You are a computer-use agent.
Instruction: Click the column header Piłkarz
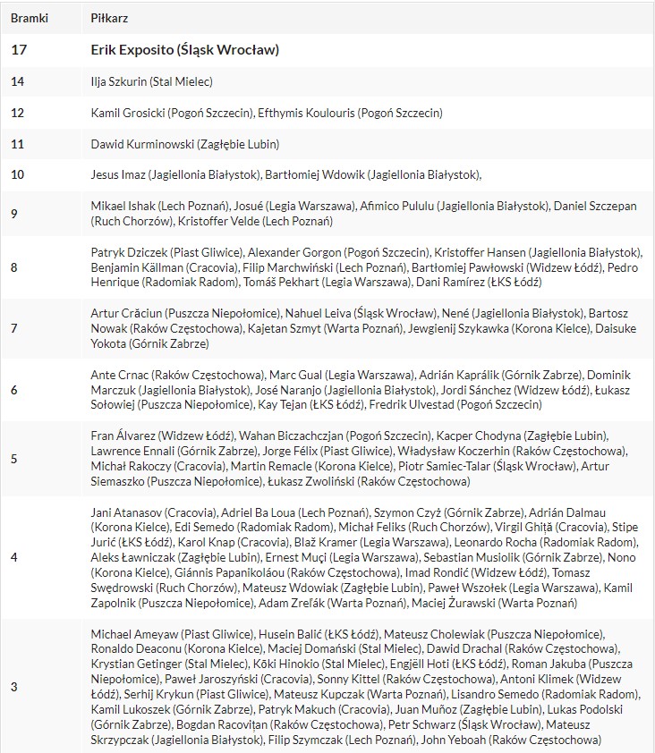click(109, 18)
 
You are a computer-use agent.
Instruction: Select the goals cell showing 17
click(18, 50)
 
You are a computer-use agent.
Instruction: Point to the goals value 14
click(18, 82)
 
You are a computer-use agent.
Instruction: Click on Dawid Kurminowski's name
click(140, 144)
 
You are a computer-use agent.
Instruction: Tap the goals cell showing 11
click(18, 144)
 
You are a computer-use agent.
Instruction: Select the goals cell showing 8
click(14, 267)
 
